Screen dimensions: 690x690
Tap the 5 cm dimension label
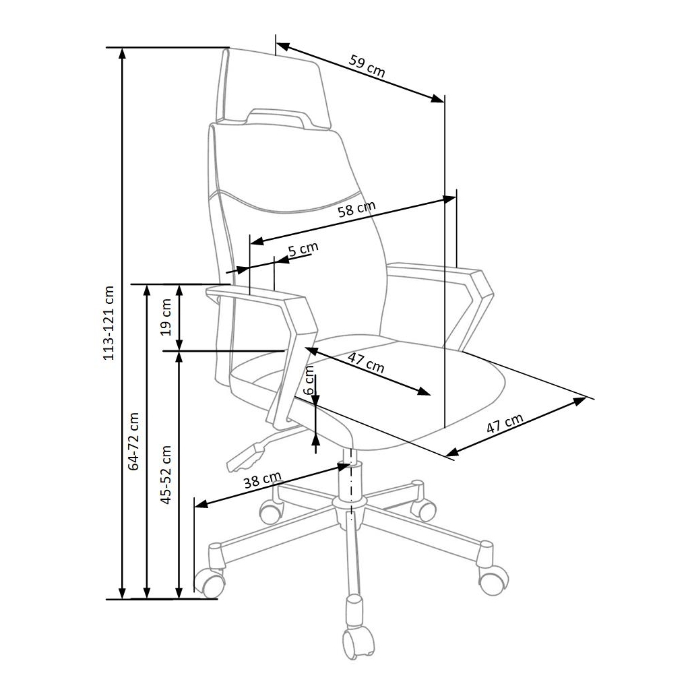coord(303,249)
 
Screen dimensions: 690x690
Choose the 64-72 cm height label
coord(133,441)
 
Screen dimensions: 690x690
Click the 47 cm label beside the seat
coord(505,425)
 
